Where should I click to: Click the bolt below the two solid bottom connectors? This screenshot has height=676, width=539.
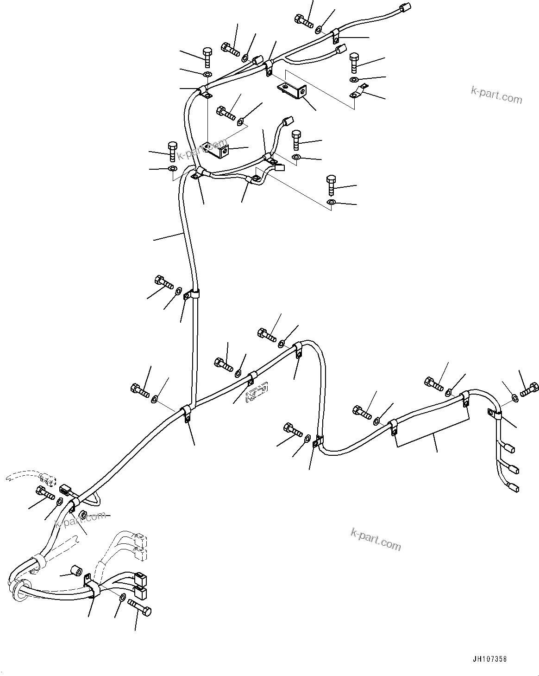(x=140, y=609)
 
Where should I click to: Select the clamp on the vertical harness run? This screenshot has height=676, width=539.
(x=192, y=294)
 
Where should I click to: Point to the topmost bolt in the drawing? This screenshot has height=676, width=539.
(x=301, y=20)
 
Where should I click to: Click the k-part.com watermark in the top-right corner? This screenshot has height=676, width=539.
(x=496, y=96)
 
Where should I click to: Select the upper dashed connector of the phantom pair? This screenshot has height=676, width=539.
(x=140, y=540)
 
